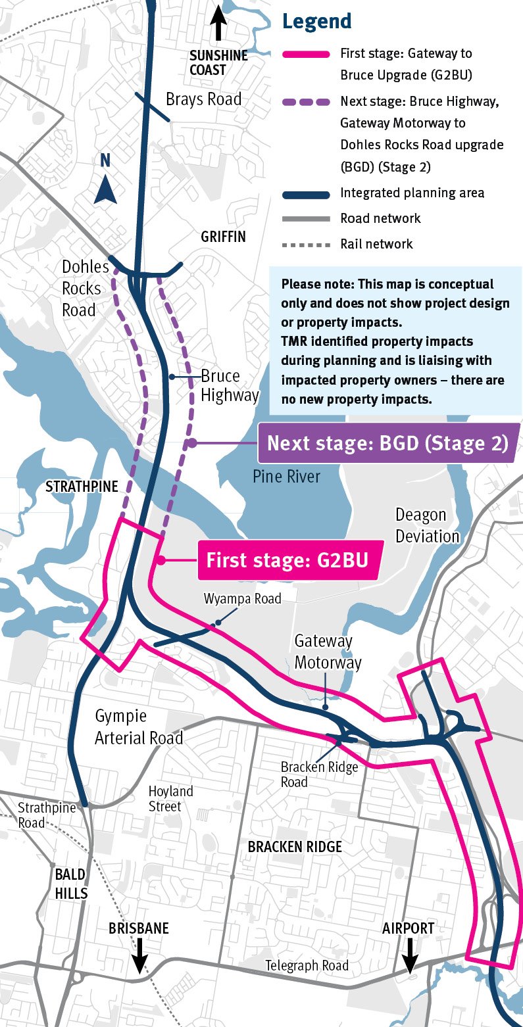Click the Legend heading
point(316,21)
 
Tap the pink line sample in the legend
point(305,54)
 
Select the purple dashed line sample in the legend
point(305,102)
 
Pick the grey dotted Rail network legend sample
point(305,244)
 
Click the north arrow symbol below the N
point(105,191)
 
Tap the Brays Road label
point(203,99)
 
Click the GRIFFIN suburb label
point(223,237)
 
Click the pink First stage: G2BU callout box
point(287,561)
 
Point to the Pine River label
point(286,476)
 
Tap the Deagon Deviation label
point(427,525)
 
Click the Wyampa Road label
point(242,598)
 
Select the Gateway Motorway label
point(324,651)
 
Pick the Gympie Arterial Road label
point(139,727)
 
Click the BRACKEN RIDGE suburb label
point(295,846)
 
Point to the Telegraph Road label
point(307,966)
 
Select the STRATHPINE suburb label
point(82,487)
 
